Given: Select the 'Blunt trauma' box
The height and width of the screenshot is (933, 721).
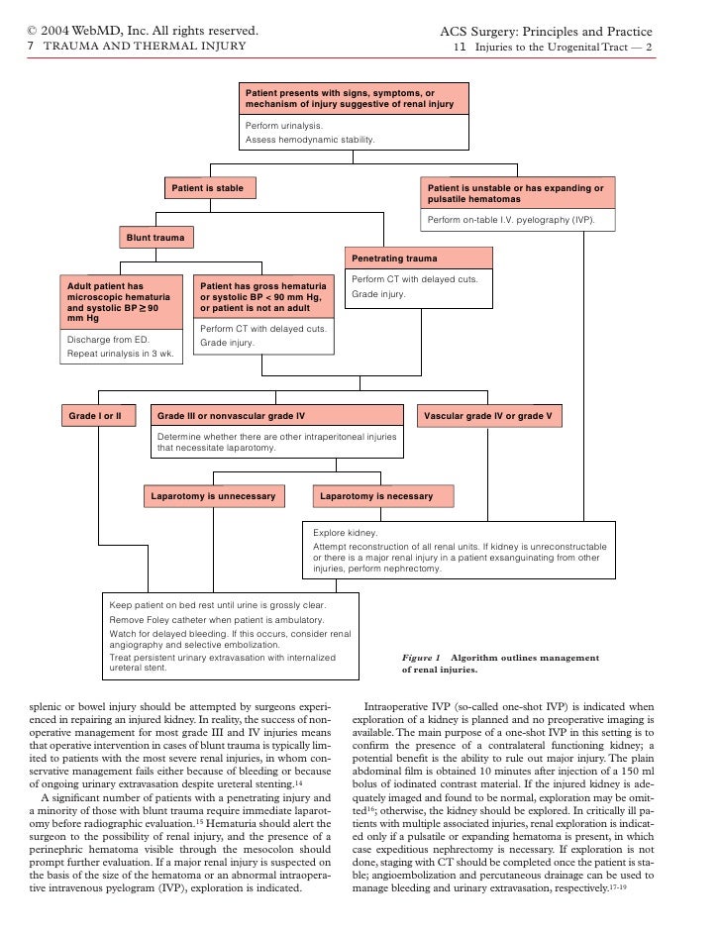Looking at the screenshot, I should tap(157, 239).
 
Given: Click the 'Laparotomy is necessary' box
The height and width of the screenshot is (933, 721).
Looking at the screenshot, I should tap(376, 495).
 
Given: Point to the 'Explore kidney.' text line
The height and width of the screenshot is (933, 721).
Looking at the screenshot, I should tap(345, 532).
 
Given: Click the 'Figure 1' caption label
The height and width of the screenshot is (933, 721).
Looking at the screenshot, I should tap(420, 657).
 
